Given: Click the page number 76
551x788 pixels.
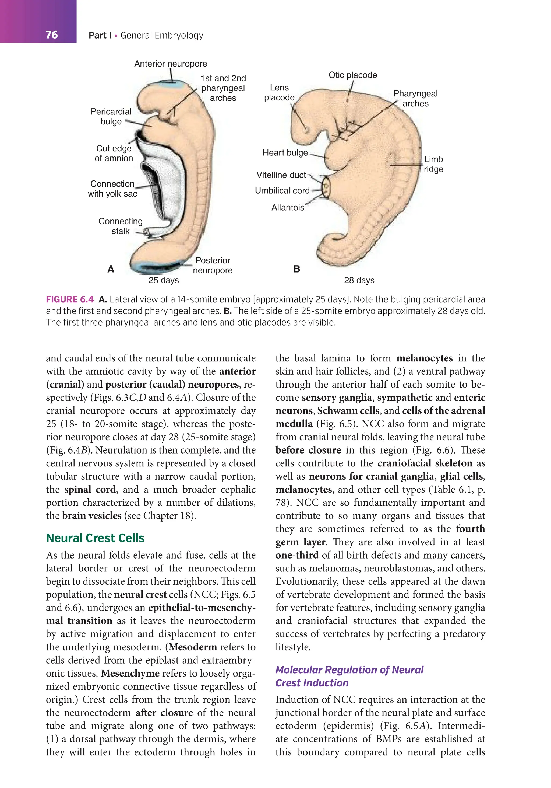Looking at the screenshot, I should coord(51,35).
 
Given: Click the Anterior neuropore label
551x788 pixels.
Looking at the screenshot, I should coord(170,64).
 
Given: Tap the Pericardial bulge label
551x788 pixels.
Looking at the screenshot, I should coord(111,116).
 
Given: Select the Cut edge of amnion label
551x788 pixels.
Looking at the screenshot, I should coord(114,154).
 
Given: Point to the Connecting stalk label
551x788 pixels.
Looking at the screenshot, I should coord(120,226).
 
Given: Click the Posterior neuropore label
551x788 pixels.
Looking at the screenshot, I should coord(213,265).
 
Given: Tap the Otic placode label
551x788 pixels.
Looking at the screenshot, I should coord(352,75).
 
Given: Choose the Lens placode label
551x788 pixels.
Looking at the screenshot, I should coord(279,93).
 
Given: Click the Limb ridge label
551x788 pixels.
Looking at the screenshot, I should coord(433,164).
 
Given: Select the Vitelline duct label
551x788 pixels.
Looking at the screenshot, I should coord(281,175).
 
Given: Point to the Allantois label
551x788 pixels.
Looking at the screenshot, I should coord(288,208).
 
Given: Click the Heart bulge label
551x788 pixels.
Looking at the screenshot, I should coord(285,153).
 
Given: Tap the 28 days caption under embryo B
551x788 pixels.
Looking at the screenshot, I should coord(359,280).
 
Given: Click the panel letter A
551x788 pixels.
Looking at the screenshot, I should coord(111,269).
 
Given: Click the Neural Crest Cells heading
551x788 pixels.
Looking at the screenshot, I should coord(95,538).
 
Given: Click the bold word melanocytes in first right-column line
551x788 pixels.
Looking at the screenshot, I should coord(424,358).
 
